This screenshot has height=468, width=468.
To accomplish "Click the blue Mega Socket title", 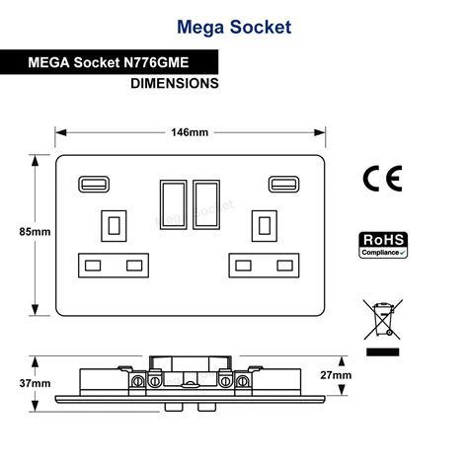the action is (x=234, y=28).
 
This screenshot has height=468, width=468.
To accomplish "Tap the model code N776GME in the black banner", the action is (x=156, y=62).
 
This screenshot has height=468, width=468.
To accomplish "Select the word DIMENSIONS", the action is (x=175, y=83).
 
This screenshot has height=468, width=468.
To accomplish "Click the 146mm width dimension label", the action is (x=190, y=132).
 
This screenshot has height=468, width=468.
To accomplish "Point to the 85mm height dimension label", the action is (x=35, y=232).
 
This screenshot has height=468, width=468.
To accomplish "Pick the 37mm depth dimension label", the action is (x=35, y=383).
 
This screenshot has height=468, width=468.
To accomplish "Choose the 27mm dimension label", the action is (x=336, y=375).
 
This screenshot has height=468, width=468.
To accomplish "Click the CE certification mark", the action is (x=382, y=179).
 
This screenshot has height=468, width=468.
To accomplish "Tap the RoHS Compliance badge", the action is (x=383, y=245).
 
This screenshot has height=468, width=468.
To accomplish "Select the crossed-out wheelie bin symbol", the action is (x=383, y=319).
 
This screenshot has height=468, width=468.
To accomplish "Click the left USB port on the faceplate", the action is (x=94, y=185).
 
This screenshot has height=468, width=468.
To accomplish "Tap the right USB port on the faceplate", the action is (x=284, y=185).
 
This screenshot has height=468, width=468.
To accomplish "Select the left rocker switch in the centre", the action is (x=174, y=204).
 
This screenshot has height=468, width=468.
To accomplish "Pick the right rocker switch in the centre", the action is (x=206, y=204).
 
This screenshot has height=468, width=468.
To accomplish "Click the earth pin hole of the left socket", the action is (x=114, y=226).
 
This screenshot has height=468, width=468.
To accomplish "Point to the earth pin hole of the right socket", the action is (x=265, y=226).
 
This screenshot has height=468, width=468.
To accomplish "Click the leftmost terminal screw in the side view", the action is (x=137, y=381).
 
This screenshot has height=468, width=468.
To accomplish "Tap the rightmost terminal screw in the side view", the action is (x=243, y=381).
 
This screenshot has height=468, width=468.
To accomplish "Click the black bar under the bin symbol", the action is (x=383, y=351).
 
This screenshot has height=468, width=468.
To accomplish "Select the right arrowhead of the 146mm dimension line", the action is (x=320, y=132).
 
